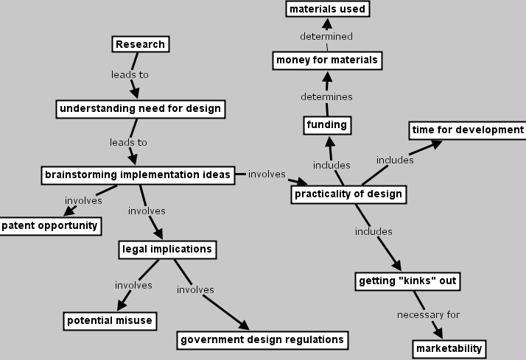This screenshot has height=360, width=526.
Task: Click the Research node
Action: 140,44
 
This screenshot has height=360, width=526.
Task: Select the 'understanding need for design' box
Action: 140,109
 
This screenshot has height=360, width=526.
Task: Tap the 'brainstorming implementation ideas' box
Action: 138,174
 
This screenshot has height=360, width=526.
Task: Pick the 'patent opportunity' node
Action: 49,225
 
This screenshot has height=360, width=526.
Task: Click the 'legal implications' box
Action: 166,249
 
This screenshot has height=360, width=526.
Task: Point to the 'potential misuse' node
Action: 110,320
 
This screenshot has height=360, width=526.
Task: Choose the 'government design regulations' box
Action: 262,339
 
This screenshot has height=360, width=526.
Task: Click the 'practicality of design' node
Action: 348,194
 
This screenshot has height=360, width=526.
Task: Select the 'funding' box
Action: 326,125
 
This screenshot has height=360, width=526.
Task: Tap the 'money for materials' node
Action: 326,60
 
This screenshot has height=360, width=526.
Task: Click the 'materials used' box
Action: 327,9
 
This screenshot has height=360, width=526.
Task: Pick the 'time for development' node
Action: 468,130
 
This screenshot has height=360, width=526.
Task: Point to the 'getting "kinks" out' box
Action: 407,280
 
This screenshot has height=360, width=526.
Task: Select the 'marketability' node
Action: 449,347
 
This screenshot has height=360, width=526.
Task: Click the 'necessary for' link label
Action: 428,315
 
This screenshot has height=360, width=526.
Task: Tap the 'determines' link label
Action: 326,96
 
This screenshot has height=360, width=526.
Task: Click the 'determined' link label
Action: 326,36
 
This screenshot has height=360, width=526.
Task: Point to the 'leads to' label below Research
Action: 130,75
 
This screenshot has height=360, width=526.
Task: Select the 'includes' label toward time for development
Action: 395,160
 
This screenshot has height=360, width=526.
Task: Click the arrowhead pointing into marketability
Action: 439,333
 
